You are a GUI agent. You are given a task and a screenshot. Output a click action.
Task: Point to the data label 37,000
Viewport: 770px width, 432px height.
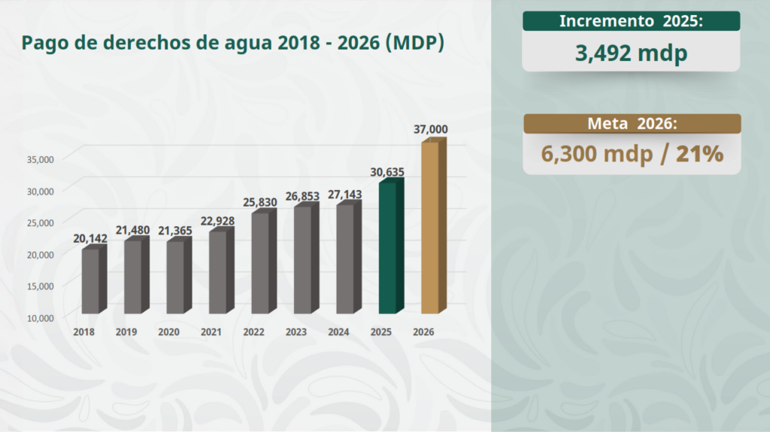tap(431, 129)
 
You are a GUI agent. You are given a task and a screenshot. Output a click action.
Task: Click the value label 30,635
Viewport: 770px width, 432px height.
tap(387, 172)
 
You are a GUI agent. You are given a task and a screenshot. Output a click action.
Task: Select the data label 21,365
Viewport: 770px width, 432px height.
tap(175, 230)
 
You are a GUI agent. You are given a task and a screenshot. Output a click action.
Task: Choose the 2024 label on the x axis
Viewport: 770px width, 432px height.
tap(338, 331)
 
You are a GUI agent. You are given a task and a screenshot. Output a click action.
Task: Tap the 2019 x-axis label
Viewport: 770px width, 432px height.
tap(126, 331)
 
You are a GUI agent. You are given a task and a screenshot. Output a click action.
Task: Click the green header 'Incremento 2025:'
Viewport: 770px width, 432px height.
tap(631, 21)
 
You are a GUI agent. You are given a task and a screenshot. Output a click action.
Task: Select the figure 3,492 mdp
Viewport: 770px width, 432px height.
tap(631, 53)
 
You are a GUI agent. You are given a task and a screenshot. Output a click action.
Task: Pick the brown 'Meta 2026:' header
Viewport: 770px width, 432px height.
tap(632, 124)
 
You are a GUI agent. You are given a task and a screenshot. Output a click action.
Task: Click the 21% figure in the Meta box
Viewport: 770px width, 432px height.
tap(699, 154)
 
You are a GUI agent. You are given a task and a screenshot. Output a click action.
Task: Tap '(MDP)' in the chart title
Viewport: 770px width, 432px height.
tap(414, 43)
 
